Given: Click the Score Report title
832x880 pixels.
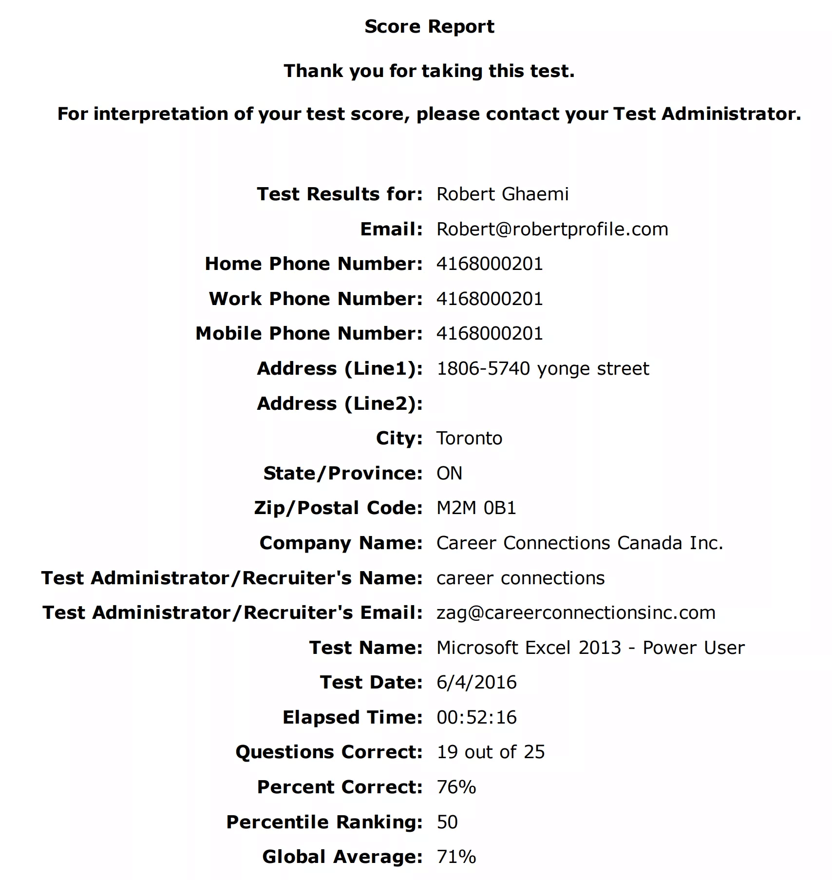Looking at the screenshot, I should point(429,27).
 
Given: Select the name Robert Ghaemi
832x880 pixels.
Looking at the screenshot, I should point(502,194).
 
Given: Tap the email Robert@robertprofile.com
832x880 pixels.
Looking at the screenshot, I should point(552,229).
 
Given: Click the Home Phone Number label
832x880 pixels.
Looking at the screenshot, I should point(314,264).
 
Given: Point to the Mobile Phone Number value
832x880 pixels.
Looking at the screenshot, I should point(490,333).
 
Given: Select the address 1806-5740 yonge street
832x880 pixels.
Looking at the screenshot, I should point(543,368).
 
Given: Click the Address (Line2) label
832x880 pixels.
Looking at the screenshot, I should point(340,403).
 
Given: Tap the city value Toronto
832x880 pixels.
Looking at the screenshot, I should point(469,438).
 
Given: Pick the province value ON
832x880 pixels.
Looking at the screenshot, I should point(449,473).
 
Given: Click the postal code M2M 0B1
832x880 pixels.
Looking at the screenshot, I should point(476,508).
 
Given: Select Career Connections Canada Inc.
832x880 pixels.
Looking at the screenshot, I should point(580,543).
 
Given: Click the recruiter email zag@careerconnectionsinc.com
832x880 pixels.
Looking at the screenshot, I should point(576,612).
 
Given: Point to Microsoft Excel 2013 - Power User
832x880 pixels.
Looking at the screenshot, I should point(590,648).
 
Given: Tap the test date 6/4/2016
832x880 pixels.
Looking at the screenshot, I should point(476,682).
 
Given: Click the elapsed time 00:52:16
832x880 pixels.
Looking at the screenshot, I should point(476,717).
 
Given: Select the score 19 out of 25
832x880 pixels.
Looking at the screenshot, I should point(491,752).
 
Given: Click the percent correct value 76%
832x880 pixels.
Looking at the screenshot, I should point(456,787).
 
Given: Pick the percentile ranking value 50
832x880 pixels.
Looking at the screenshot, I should point(447,822).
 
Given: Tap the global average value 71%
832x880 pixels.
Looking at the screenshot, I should point(456,857).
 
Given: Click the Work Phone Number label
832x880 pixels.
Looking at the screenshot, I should point(316,299).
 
